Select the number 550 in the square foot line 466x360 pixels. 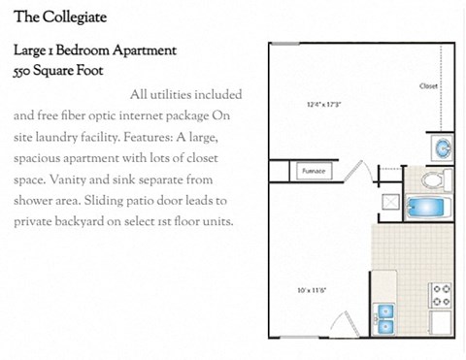coord(27,71)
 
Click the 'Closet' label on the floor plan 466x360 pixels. coord(428,86)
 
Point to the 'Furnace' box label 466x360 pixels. coord(313,171)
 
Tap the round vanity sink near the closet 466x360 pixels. coord(442,148)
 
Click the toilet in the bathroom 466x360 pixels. coord(432,180)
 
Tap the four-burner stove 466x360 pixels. coord(442,293)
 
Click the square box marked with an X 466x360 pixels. coord(390,202)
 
